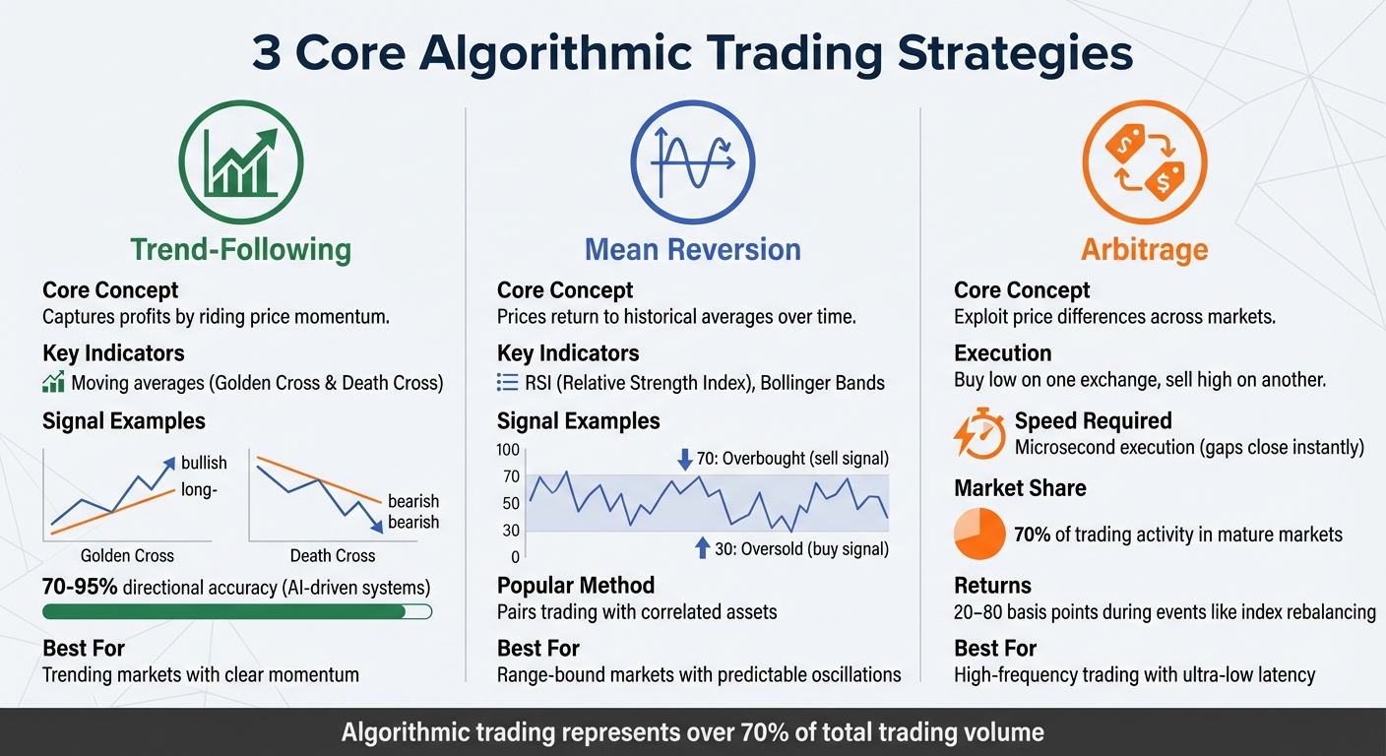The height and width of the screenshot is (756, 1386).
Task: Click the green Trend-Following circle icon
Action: click(240, 162)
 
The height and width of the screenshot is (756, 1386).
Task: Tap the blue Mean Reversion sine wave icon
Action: click(692, 162)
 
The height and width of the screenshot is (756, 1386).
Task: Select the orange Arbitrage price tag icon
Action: click(1144, 162)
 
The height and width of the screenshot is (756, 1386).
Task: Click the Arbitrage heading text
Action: click(1144, 249)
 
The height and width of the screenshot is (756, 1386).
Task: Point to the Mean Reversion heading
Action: click(692, 249)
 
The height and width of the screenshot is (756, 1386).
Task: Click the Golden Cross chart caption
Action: click(127, 555)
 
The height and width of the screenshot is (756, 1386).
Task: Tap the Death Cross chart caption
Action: click(333, 555)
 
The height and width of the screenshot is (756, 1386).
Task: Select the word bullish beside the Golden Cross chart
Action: click(204, 463)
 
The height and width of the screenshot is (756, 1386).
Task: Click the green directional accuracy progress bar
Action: click(237, 612)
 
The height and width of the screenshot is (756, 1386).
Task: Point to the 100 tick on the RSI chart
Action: click(508, 451)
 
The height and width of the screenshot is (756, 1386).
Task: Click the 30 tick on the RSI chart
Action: click(510, 532)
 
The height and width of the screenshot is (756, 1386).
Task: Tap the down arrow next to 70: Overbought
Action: click(685, 459)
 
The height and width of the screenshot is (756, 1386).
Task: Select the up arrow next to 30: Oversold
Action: click(702, 548)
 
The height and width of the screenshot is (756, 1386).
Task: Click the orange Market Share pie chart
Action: click(978, 535)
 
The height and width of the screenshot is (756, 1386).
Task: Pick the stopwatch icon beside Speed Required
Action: click(978, 434)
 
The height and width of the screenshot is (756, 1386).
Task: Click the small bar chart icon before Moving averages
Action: click(53, 383)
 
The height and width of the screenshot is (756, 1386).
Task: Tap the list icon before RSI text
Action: click(508, 383)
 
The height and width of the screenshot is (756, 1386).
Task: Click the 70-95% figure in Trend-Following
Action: click(80, 587)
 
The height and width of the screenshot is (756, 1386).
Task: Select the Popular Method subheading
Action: click(575, 586)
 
